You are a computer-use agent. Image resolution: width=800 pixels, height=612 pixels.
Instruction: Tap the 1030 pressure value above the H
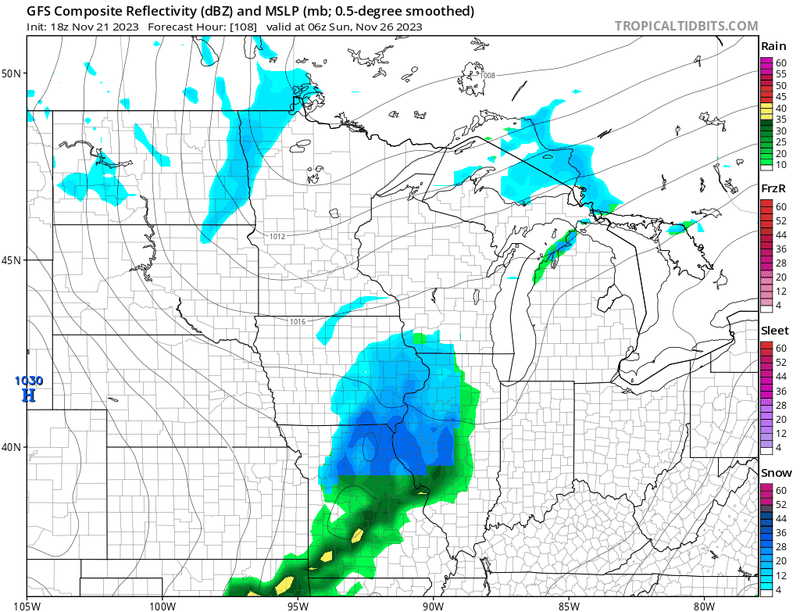(28, 381)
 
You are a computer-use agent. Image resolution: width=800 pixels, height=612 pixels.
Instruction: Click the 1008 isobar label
(487, 76)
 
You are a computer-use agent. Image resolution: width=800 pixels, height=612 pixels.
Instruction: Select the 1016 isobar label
(298, 322)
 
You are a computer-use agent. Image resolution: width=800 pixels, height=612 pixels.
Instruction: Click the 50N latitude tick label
(12, 73)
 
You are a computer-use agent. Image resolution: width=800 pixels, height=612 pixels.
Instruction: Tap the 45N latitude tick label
(12, 260)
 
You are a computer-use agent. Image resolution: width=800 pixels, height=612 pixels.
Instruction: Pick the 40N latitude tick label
(12, 447)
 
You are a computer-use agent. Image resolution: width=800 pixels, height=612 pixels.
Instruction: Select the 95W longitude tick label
(298, 605)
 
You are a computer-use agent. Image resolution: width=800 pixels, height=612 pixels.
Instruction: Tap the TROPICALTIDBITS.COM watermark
(686, 26)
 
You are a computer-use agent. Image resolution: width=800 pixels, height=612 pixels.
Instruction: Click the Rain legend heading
(773, 46)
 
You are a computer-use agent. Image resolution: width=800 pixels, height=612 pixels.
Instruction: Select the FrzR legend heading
(773, 188)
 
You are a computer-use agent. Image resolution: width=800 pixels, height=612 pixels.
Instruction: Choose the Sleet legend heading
(775, 331)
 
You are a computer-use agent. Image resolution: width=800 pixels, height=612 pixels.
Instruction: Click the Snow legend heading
(776, 473)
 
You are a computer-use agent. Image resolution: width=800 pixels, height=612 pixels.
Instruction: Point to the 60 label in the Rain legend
(780, 62)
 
